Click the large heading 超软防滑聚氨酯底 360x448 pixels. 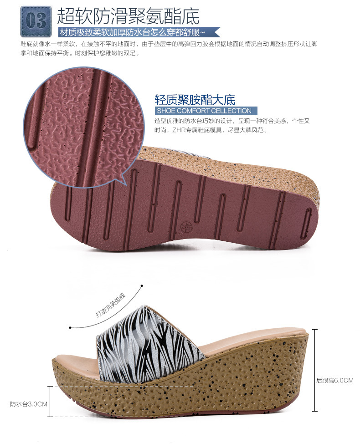(128, 16)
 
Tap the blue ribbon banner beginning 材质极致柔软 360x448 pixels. (137, 32)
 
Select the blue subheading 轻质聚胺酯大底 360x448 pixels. (195, 100)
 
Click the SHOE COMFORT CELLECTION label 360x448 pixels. (204, 111)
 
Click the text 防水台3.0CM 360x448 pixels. (29, 403)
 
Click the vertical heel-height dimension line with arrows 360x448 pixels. (315, 369)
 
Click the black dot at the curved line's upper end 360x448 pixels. (142, 286)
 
